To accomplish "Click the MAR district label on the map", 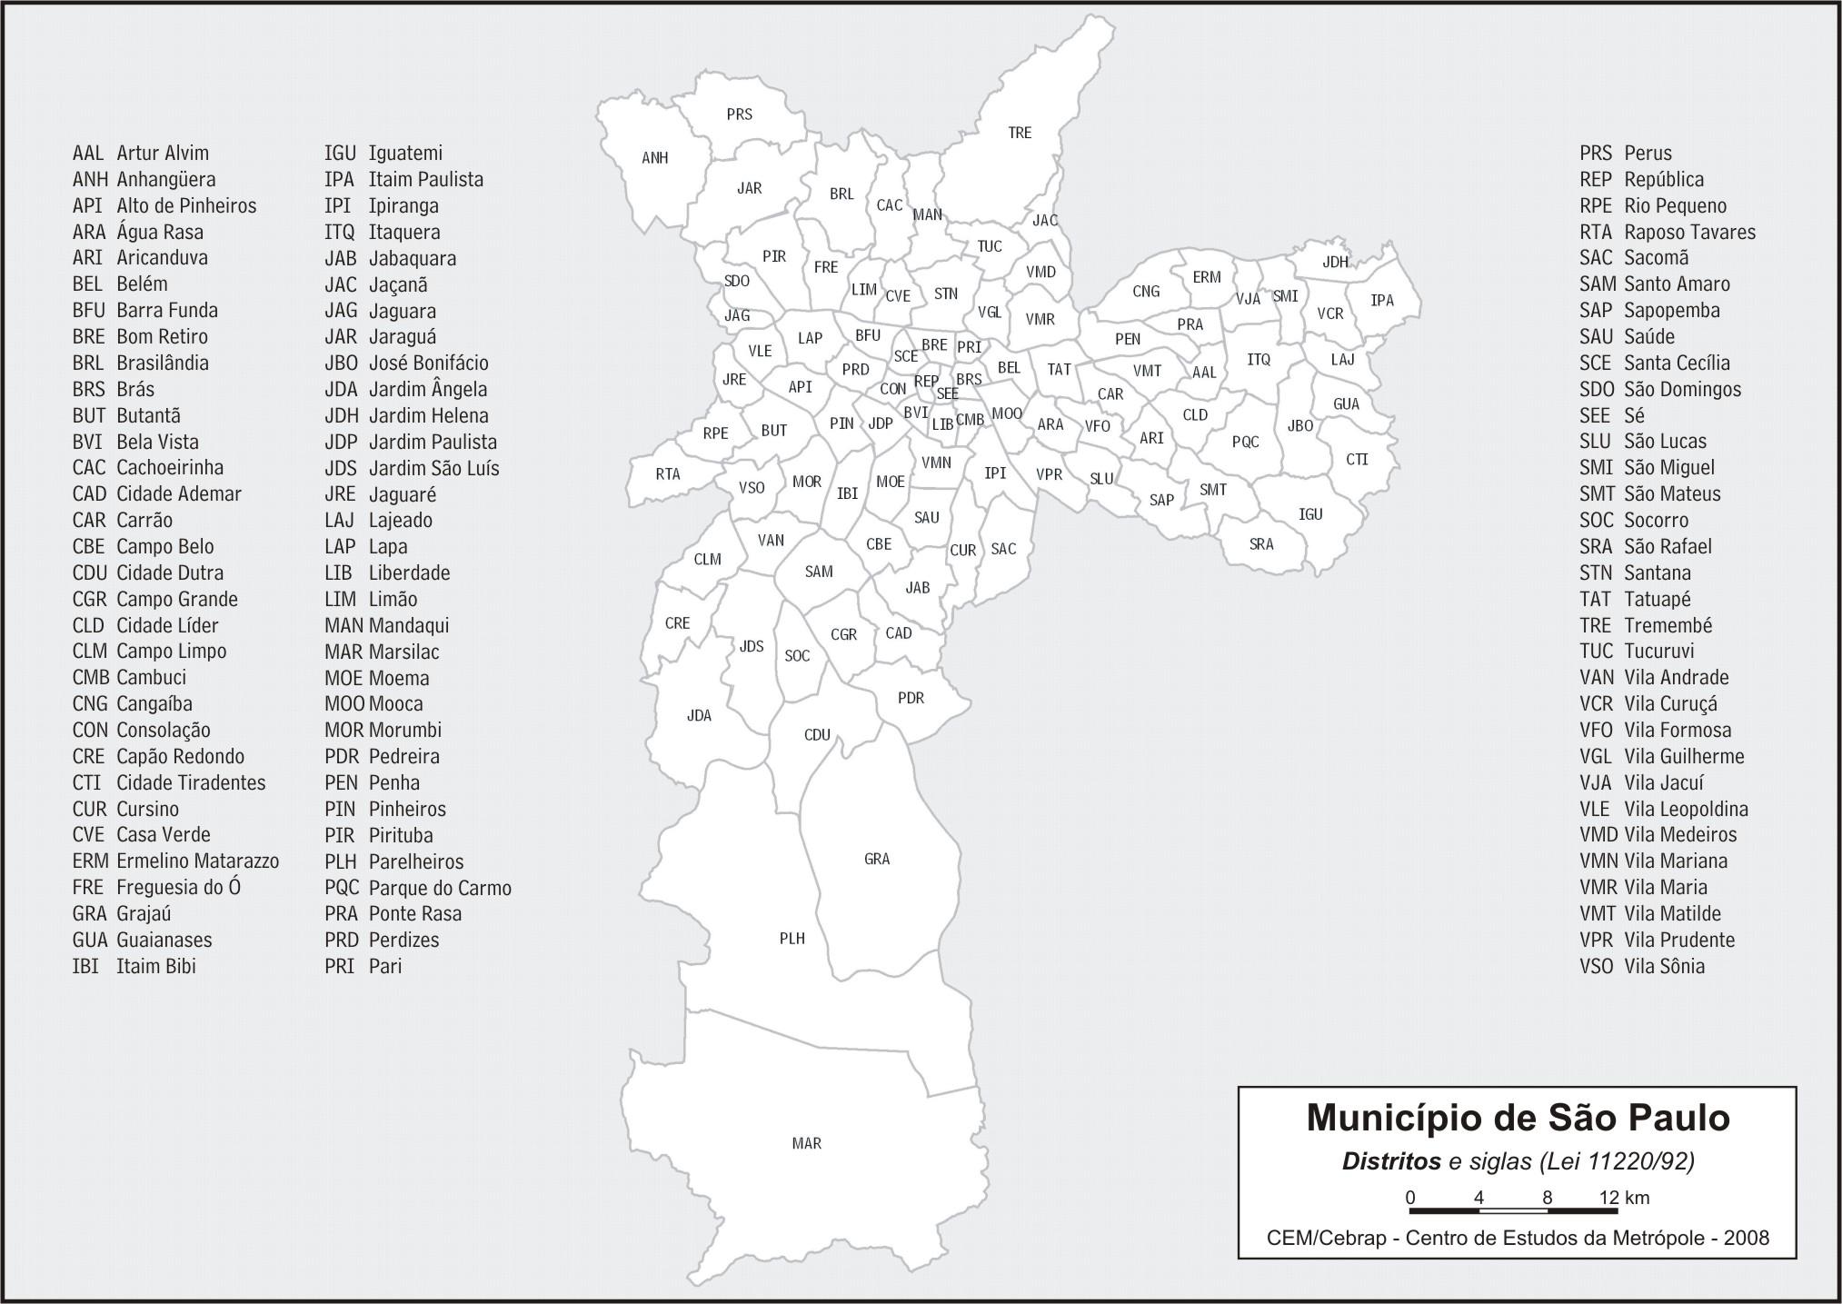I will pyautogui.click(x=807, y=1143).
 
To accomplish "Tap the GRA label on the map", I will pyautogui.click(x=877, y=859).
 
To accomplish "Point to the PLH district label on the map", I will pyautogui.click(x=792, y=938).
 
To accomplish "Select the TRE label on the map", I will pyautogui.click(x=1020, y=133).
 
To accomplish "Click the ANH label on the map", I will pyautogui.click(x=655, y=157).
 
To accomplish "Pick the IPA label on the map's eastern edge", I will pyautogui.click(x=1382, y=300).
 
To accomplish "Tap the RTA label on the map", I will pyautogui.click(x=668, y=473).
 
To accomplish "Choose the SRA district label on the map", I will pyautogui.click(x=1261, y=544).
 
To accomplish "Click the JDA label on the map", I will pyautogui.click(x=699, y=715).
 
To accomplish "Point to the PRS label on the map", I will pyautogui.click(x=740, y=114).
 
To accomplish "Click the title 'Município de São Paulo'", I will pyautogui.click(x=1518, y=1118).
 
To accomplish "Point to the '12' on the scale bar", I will pyautogui.click(x=1609, y=1197).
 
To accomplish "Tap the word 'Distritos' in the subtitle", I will pyautogui.click(x=1391, y=1161).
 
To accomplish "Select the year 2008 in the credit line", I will pyautogui.click(x=1747, y=1238).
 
